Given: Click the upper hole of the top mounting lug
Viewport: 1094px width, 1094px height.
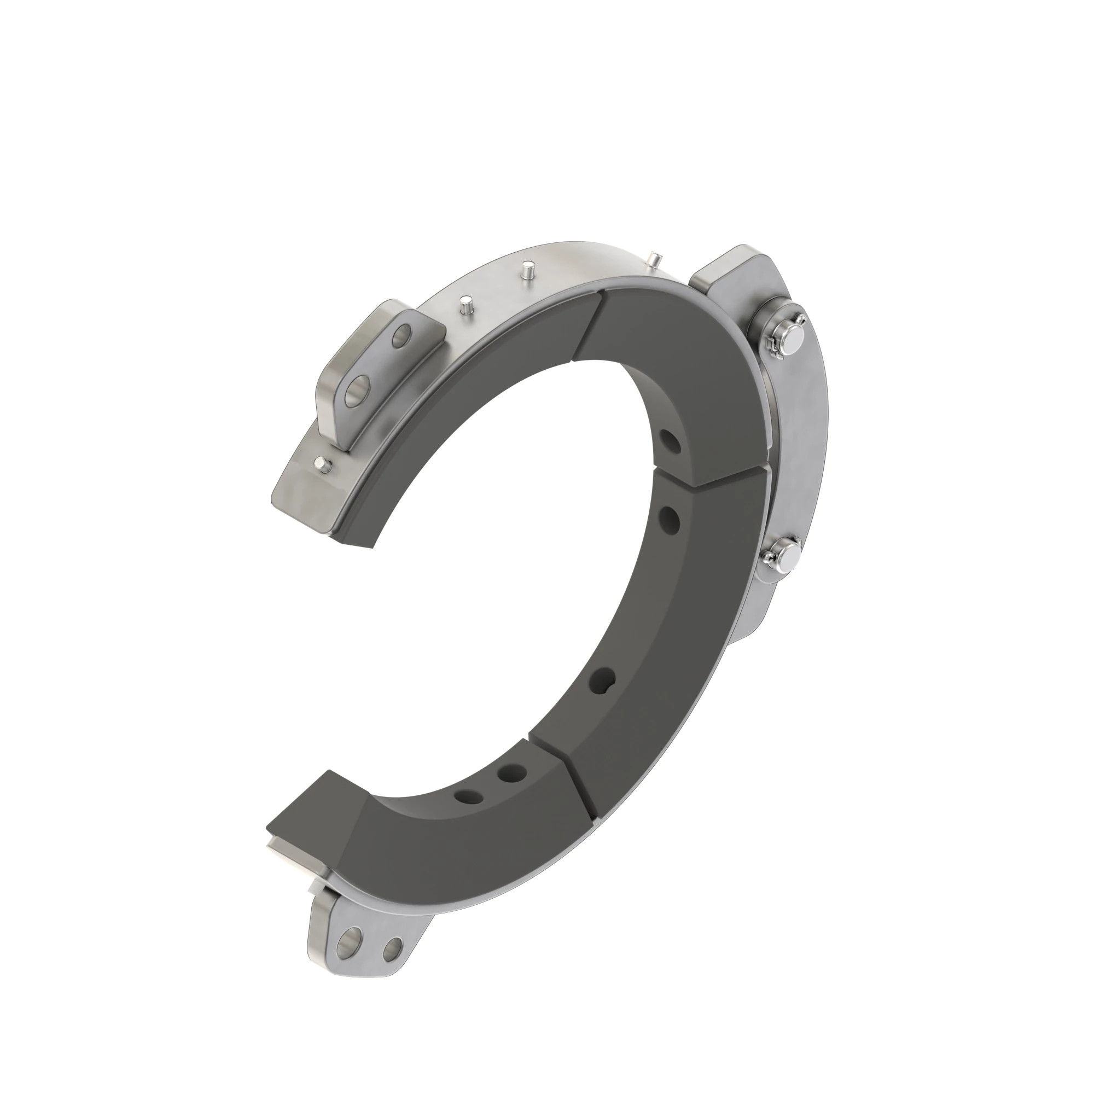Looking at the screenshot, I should [403, 335].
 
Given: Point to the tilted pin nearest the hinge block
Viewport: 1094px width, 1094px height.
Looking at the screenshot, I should [653, 259].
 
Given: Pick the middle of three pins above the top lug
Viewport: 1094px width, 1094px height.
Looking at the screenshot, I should [528, 269].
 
